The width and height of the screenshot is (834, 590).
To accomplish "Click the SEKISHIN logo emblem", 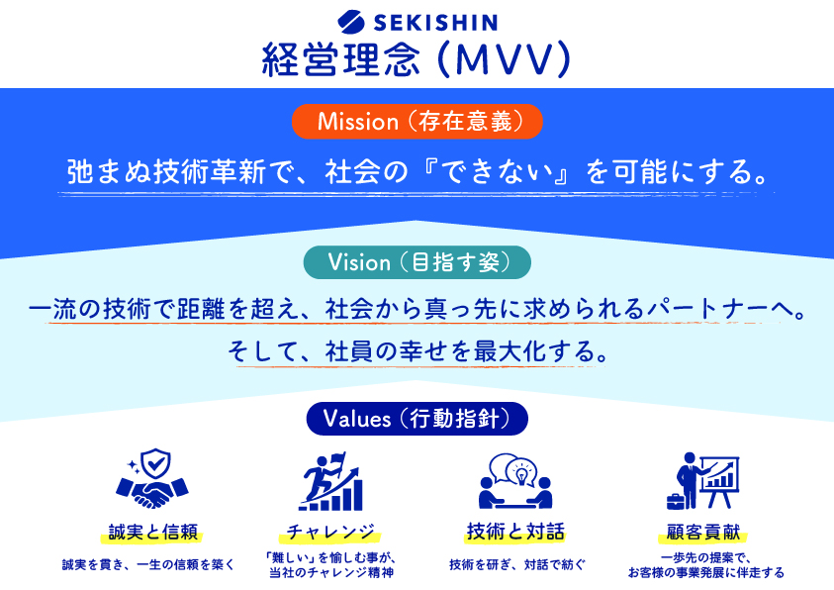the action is [x=351, y=22].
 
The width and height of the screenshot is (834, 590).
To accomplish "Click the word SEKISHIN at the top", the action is [x=435, y=23].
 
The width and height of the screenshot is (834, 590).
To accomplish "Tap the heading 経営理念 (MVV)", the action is [x=417, y=59].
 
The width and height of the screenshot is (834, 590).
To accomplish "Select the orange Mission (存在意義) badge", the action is [x=417, y=122].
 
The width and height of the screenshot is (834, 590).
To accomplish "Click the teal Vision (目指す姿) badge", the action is [x=417, y=262].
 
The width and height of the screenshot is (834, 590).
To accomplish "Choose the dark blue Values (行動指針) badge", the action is [x=417, y=419].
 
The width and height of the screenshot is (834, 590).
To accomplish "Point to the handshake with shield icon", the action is [x=152, y=478].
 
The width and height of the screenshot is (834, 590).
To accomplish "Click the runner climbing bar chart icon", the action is [x=331, y=481].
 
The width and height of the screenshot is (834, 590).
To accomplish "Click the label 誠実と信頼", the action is [x=152, y=532].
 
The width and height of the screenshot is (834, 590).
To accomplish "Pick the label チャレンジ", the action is [x=330, y=532].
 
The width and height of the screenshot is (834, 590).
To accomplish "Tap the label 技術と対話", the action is [x=514, y=532].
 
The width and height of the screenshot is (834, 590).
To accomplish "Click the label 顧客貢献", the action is [x=703, y=532].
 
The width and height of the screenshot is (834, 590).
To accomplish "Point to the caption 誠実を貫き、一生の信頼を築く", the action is [x=148, y=565].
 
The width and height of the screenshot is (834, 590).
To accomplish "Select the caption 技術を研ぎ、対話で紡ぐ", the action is [x=517, y=565].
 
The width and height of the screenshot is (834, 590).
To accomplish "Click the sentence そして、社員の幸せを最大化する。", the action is [x=418, y=351].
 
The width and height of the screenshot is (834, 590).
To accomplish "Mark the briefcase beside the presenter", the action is [x=676, y=501].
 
